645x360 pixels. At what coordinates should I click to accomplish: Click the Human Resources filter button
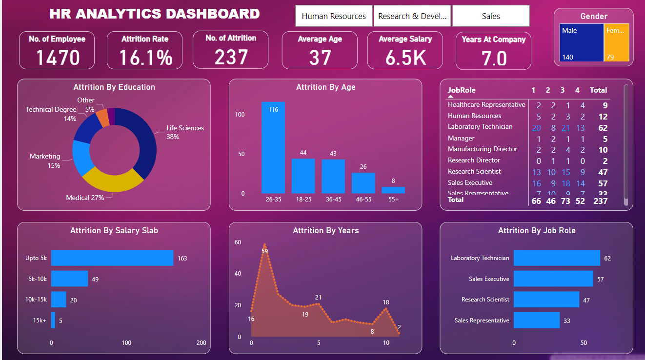(x=334, y=16)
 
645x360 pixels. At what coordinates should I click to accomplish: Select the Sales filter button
(x=491, y=16)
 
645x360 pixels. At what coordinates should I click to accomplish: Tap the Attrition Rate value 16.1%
(x=145, y=58)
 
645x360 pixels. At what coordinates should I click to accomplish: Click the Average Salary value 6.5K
(x=405, y=58)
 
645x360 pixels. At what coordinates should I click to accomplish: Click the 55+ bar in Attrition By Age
(x=393, y=190)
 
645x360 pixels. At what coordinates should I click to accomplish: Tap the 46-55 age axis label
(x=363, y=200)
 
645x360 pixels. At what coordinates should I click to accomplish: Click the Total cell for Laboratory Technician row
(x=603, y=128)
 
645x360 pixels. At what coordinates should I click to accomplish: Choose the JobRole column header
(x=462, y=90)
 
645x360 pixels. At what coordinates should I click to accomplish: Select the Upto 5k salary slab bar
(x=112, y=258)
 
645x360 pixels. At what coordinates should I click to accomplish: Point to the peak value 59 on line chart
(x=264, y=251)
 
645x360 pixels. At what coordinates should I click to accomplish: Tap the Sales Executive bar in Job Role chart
(x=553, y=279)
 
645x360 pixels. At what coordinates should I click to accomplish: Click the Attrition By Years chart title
(x=325, y=231)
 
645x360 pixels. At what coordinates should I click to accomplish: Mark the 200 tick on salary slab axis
(x=201, y=343)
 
